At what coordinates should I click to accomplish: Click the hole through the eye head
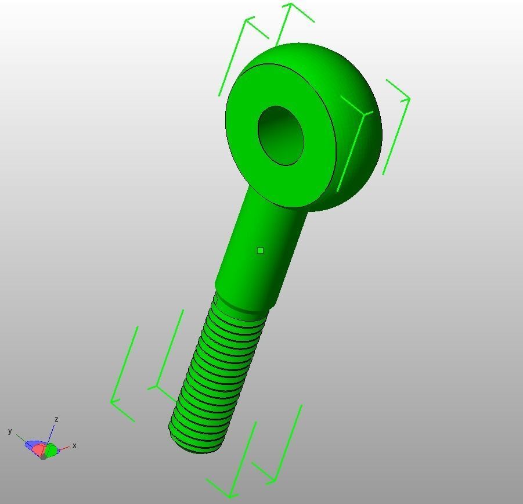[280, 135]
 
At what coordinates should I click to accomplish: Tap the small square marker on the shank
[260, 250]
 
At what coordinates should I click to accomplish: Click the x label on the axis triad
[74, 445]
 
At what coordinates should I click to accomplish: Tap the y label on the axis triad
[10, 431]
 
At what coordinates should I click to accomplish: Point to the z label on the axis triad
[56, 419]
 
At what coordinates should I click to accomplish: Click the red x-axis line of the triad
[64, 448]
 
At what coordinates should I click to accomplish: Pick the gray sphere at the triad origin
[44, 456]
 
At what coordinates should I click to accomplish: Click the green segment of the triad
[52, 450]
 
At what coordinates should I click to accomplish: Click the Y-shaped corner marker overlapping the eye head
[363, 114]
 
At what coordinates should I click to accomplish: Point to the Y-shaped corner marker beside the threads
[156, 386]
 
